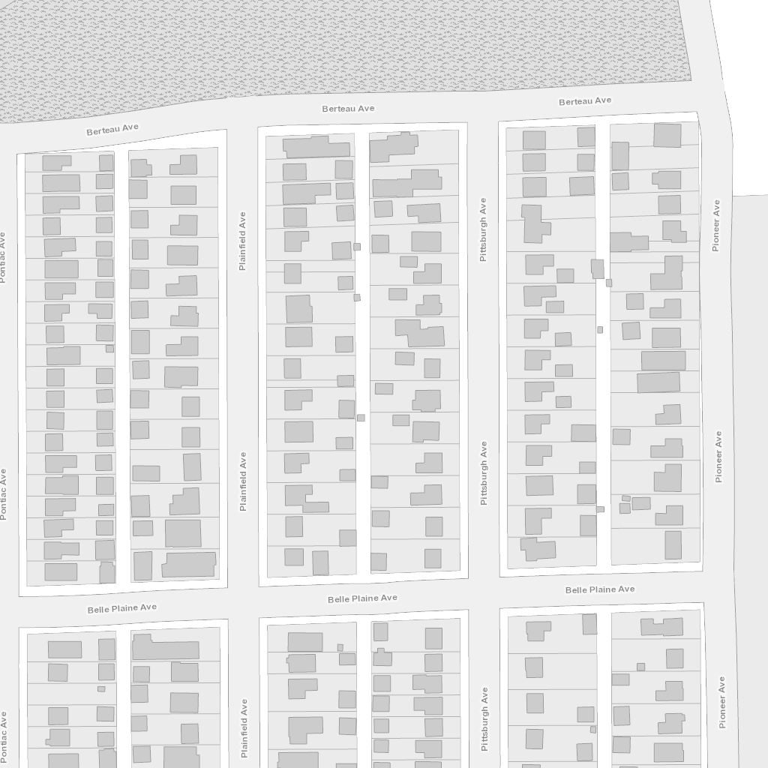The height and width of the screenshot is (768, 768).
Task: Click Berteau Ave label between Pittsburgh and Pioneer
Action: (x=585, y=101)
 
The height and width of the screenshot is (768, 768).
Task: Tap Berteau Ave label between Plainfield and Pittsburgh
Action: (x=348, y=108)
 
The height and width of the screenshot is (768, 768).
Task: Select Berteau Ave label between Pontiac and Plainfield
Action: (x=112, y=129)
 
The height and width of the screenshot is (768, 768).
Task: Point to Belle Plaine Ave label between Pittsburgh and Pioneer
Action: (x=600, y=589)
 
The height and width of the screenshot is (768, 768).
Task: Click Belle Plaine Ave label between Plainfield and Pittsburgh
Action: (x=362, y=598)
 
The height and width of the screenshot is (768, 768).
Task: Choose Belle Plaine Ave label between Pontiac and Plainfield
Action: (x=122, y=608)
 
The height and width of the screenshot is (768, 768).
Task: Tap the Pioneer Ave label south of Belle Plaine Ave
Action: (x=721, y=702)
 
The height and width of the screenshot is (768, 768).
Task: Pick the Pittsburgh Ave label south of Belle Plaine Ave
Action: (x=484, y=719)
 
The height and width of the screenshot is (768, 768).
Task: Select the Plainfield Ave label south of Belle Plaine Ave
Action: (x=244, y=728)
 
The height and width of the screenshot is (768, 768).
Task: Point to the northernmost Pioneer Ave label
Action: (x=716, y=225)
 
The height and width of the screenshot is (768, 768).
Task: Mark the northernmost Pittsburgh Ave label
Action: (x=483, y=229)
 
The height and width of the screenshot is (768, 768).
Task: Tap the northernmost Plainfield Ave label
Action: (x=242, y=241)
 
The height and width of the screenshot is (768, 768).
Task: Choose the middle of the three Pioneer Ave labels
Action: (x=718, y=457)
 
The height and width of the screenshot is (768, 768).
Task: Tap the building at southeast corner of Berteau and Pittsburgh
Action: (x=534, y=140)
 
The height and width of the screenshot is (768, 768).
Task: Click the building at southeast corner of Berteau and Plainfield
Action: (x=310, y=147)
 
